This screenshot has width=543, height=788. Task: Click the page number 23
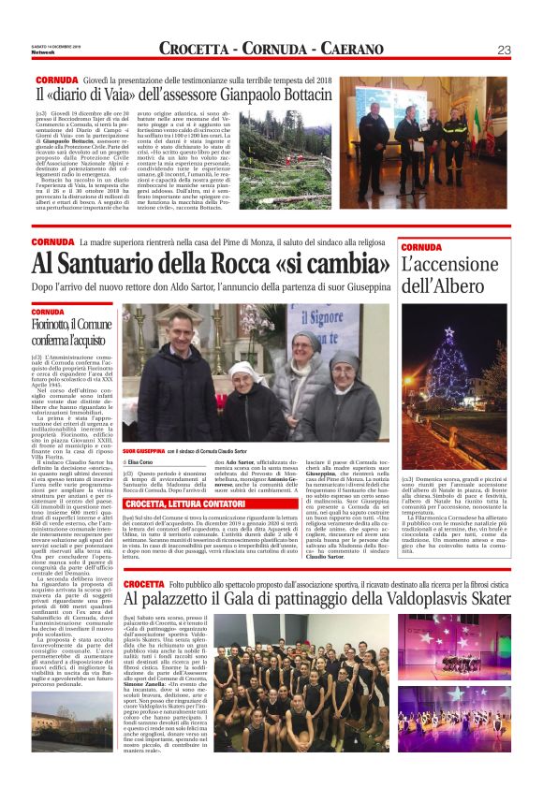(503, 49)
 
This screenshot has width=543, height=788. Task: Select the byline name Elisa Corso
(141, 463)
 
